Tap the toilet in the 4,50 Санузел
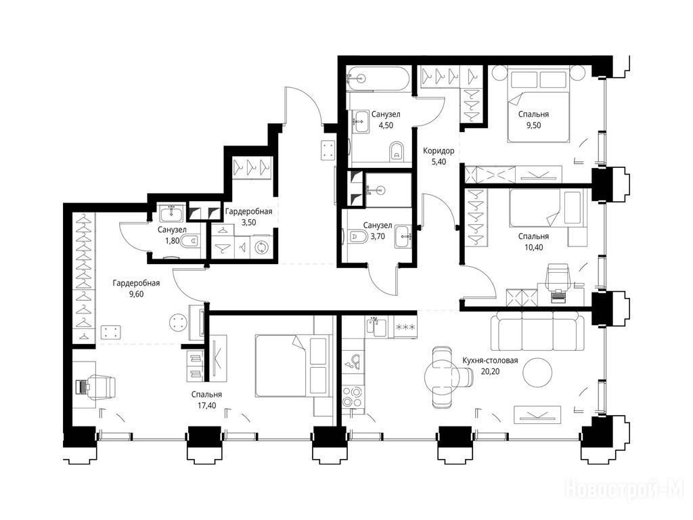point(397,152)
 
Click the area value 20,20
point(490,372)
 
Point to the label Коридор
point(439,151)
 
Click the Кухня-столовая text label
point(490,360)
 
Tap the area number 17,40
point(207,405)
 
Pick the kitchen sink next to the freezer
point(376,328)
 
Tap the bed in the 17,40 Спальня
point(292,365)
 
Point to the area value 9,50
point(533,125)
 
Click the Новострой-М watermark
point(625,490)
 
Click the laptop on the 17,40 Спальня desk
point(82,387)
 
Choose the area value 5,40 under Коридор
point(439,162)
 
